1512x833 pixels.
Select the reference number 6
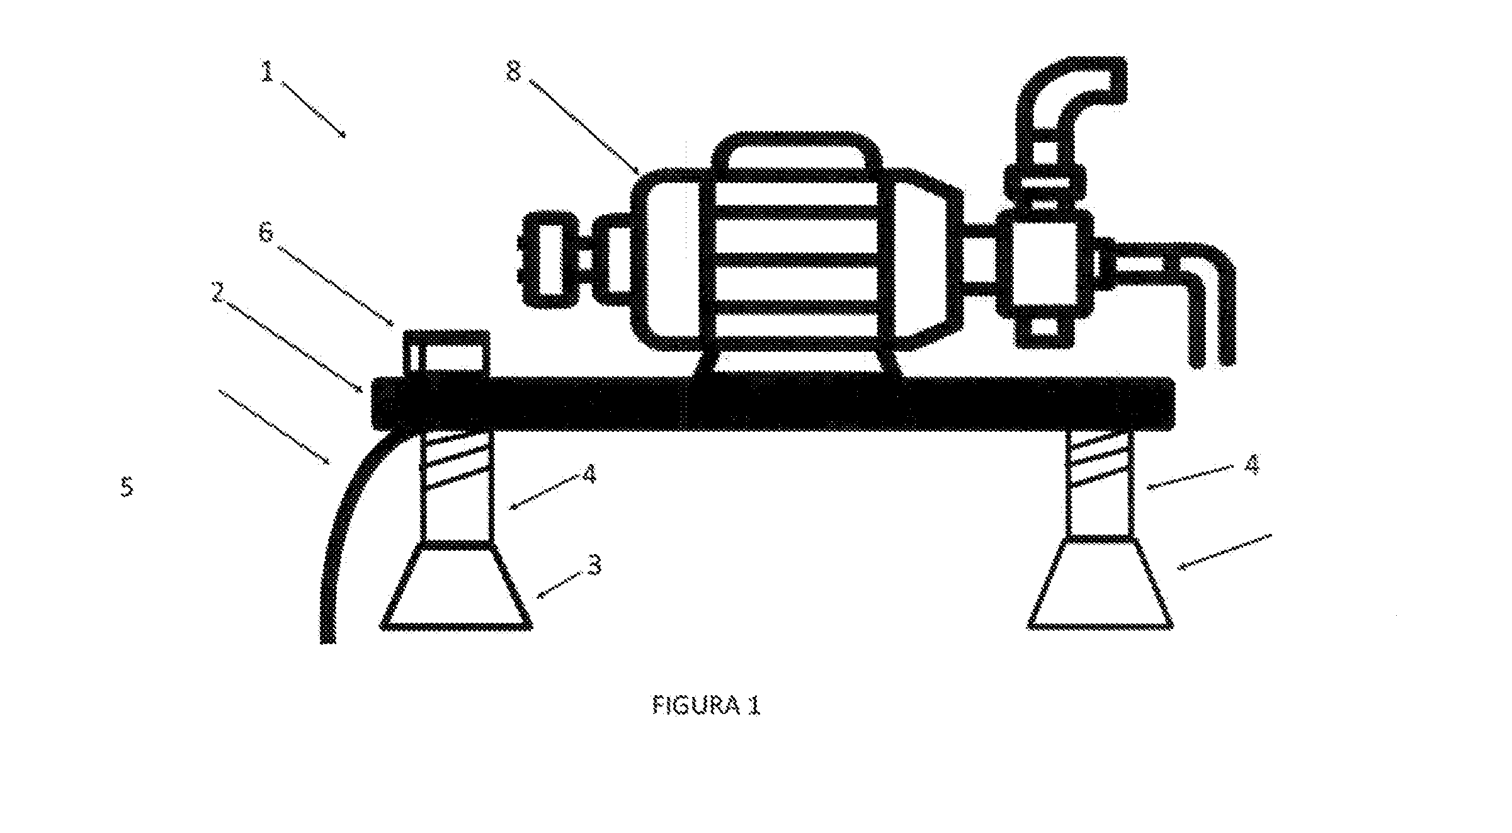[266, 234]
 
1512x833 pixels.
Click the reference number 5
[127, 487]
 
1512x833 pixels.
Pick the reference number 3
[593, 565]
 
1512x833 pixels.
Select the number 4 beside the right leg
[1252, 465]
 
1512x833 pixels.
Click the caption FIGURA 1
[706, 706]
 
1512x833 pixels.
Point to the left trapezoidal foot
[456, 585]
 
